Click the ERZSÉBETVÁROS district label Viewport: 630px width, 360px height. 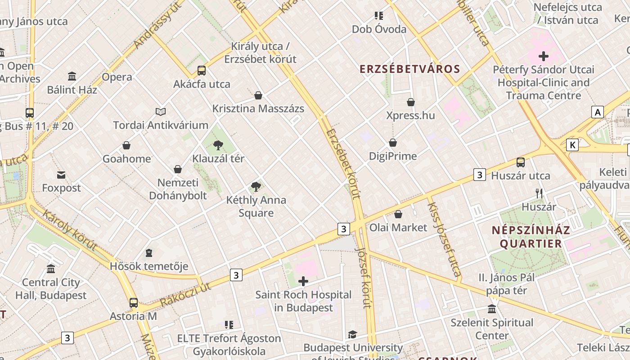point(410,69)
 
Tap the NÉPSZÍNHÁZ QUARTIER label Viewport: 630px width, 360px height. point(531,237)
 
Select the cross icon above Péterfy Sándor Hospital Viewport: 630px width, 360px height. point(544,56)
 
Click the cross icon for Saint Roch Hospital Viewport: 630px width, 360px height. point(303,282)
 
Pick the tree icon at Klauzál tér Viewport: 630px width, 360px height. point(218,145)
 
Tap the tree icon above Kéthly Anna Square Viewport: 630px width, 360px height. point(256,186)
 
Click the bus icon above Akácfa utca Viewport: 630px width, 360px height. point(202,71)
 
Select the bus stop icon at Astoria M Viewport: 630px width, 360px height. point(134,302)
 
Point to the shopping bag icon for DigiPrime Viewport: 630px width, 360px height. point(393,143)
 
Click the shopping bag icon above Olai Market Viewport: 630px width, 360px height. point(398,214)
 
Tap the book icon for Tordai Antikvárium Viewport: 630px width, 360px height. point(161,112)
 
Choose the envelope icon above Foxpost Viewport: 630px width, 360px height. point(61,175)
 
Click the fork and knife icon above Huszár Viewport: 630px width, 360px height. point(539,193)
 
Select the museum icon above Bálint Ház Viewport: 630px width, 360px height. point(72,76)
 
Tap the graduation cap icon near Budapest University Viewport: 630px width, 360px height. point(352,334)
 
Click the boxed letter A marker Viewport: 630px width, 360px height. point(598,112)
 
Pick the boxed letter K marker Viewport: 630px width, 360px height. point(572,145)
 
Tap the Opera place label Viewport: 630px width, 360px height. point(117,77)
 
